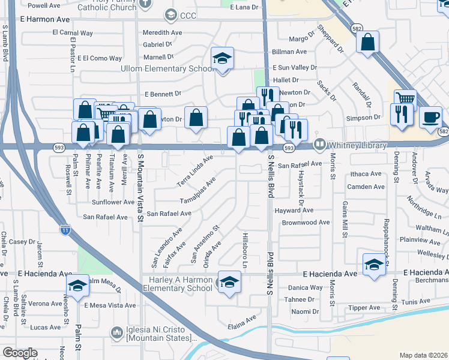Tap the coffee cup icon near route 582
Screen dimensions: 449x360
tap(430, 117)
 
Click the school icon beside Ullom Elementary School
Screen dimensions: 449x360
tap(222, 59)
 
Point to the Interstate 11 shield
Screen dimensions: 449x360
tap(65, 229)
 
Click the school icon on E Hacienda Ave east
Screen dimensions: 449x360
tap(373, 265)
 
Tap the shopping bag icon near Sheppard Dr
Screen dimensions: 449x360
tap(367, 43)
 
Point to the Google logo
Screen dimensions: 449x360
tap(20, 353)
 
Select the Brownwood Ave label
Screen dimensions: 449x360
tap(306, 222)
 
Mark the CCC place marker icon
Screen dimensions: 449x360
tap(171, 14)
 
